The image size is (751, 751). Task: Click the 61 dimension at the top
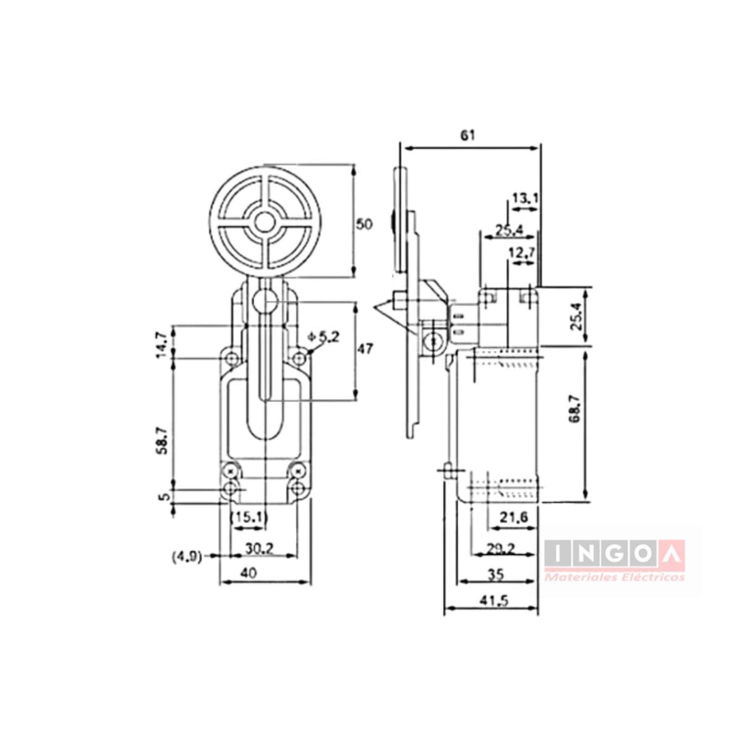point(469,135)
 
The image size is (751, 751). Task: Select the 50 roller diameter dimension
point(364,223)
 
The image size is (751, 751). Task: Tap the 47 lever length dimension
point(366,348)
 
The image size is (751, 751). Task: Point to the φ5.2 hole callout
point(324,337)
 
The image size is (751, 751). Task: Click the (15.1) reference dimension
point(249,517)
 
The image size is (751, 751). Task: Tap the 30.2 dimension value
point(258,548)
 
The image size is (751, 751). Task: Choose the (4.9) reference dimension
point(186,556)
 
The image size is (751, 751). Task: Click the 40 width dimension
point(248,573)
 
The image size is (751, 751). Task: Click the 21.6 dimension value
point(514,517)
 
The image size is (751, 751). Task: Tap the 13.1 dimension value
point(525,198)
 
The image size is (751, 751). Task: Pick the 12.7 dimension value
point(521,253)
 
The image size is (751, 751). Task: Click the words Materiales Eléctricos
point(615,577)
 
